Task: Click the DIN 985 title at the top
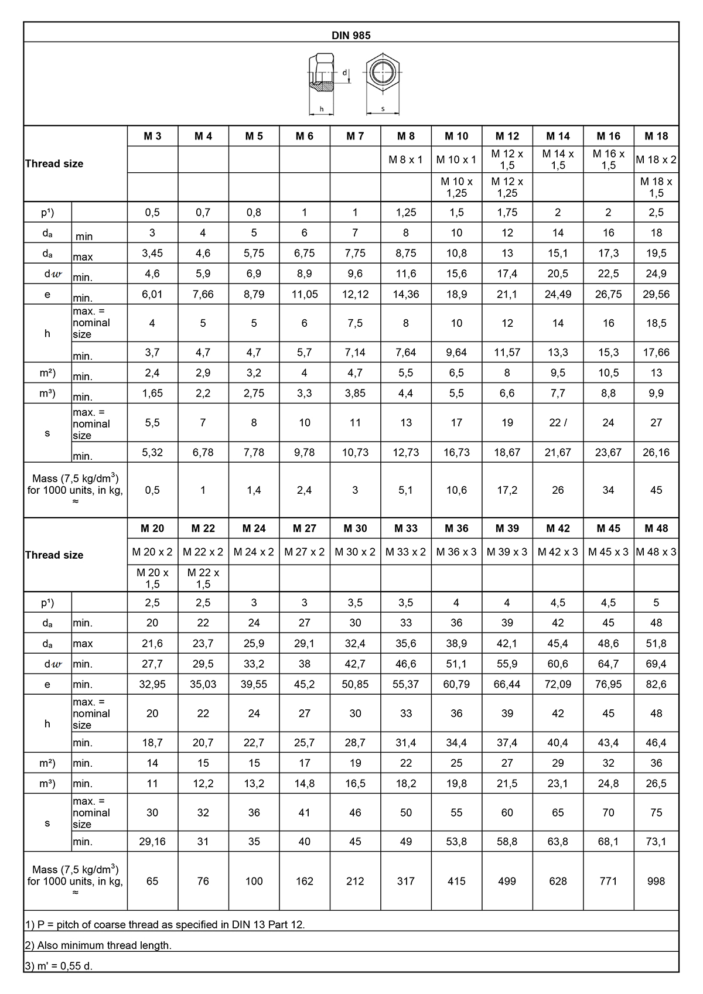coord(351,35)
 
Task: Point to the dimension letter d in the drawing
coord(344,73)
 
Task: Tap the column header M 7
coord(355,136)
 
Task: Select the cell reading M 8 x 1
coord(405,160)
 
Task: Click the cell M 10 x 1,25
coord(456,187)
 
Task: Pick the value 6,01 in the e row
coord(152,294)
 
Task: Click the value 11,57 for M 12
coord(507,353)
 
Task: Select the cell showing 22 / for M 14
coord(558,423)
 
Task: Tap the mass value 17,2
coord(507,490)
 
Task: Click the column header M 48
coord(656,528)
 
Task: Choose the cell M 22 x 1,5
coord(203,578)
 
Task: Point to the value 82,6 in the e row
coord(656,684)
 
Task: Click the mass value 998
coord(656,881)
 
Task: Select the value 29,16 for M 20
coord(152,842)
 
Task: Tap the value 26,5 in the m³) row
coord(656,784)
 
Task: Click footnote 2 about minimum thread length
coord(98,945)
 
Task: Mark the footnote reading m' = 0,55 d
coord(59,966)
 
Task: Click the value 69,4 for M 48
coord(656,664)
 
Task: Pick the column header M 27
coord(304,528)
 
